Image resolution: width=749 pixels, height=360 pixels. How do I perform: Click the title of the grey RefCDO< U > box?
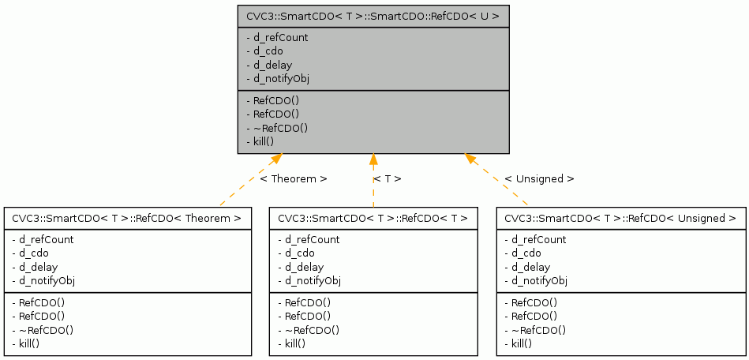pos(373,16)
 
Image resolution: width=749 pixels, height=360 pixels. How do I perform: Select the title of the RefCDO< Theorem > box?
pos(127,218)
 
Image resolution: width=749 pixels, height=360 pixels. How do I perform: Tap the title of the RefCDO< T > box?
pos(373,218)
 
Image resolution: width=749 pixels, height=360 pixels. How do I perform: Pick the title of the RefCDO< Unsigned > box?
pos(621,218)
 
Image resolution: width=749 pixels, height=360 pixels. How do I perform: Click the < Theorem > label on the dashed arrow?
pos(294,179)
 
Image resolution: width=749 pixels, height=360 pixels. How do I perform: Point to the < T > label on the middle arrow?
pos(388,179)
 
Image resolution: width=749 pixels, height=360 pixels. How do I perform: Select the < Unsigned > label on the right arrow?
pos(539,179)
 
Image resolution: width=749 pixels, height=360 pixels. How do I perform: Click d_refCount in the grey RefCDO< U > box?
pos(278,37)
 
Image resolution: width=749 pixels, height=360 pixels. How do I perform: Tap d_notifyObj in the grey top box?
pos(278,79)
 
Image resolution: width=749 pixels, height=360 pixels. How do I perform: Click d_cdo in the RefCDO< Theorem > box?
pos(32,253)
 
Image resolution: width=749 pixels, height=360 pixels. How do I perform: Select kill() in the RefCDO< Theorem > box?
pos(26,343)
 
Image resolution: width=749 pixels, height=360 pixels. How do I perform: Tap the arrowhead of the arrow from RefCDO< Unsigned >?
pos(470,159)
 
